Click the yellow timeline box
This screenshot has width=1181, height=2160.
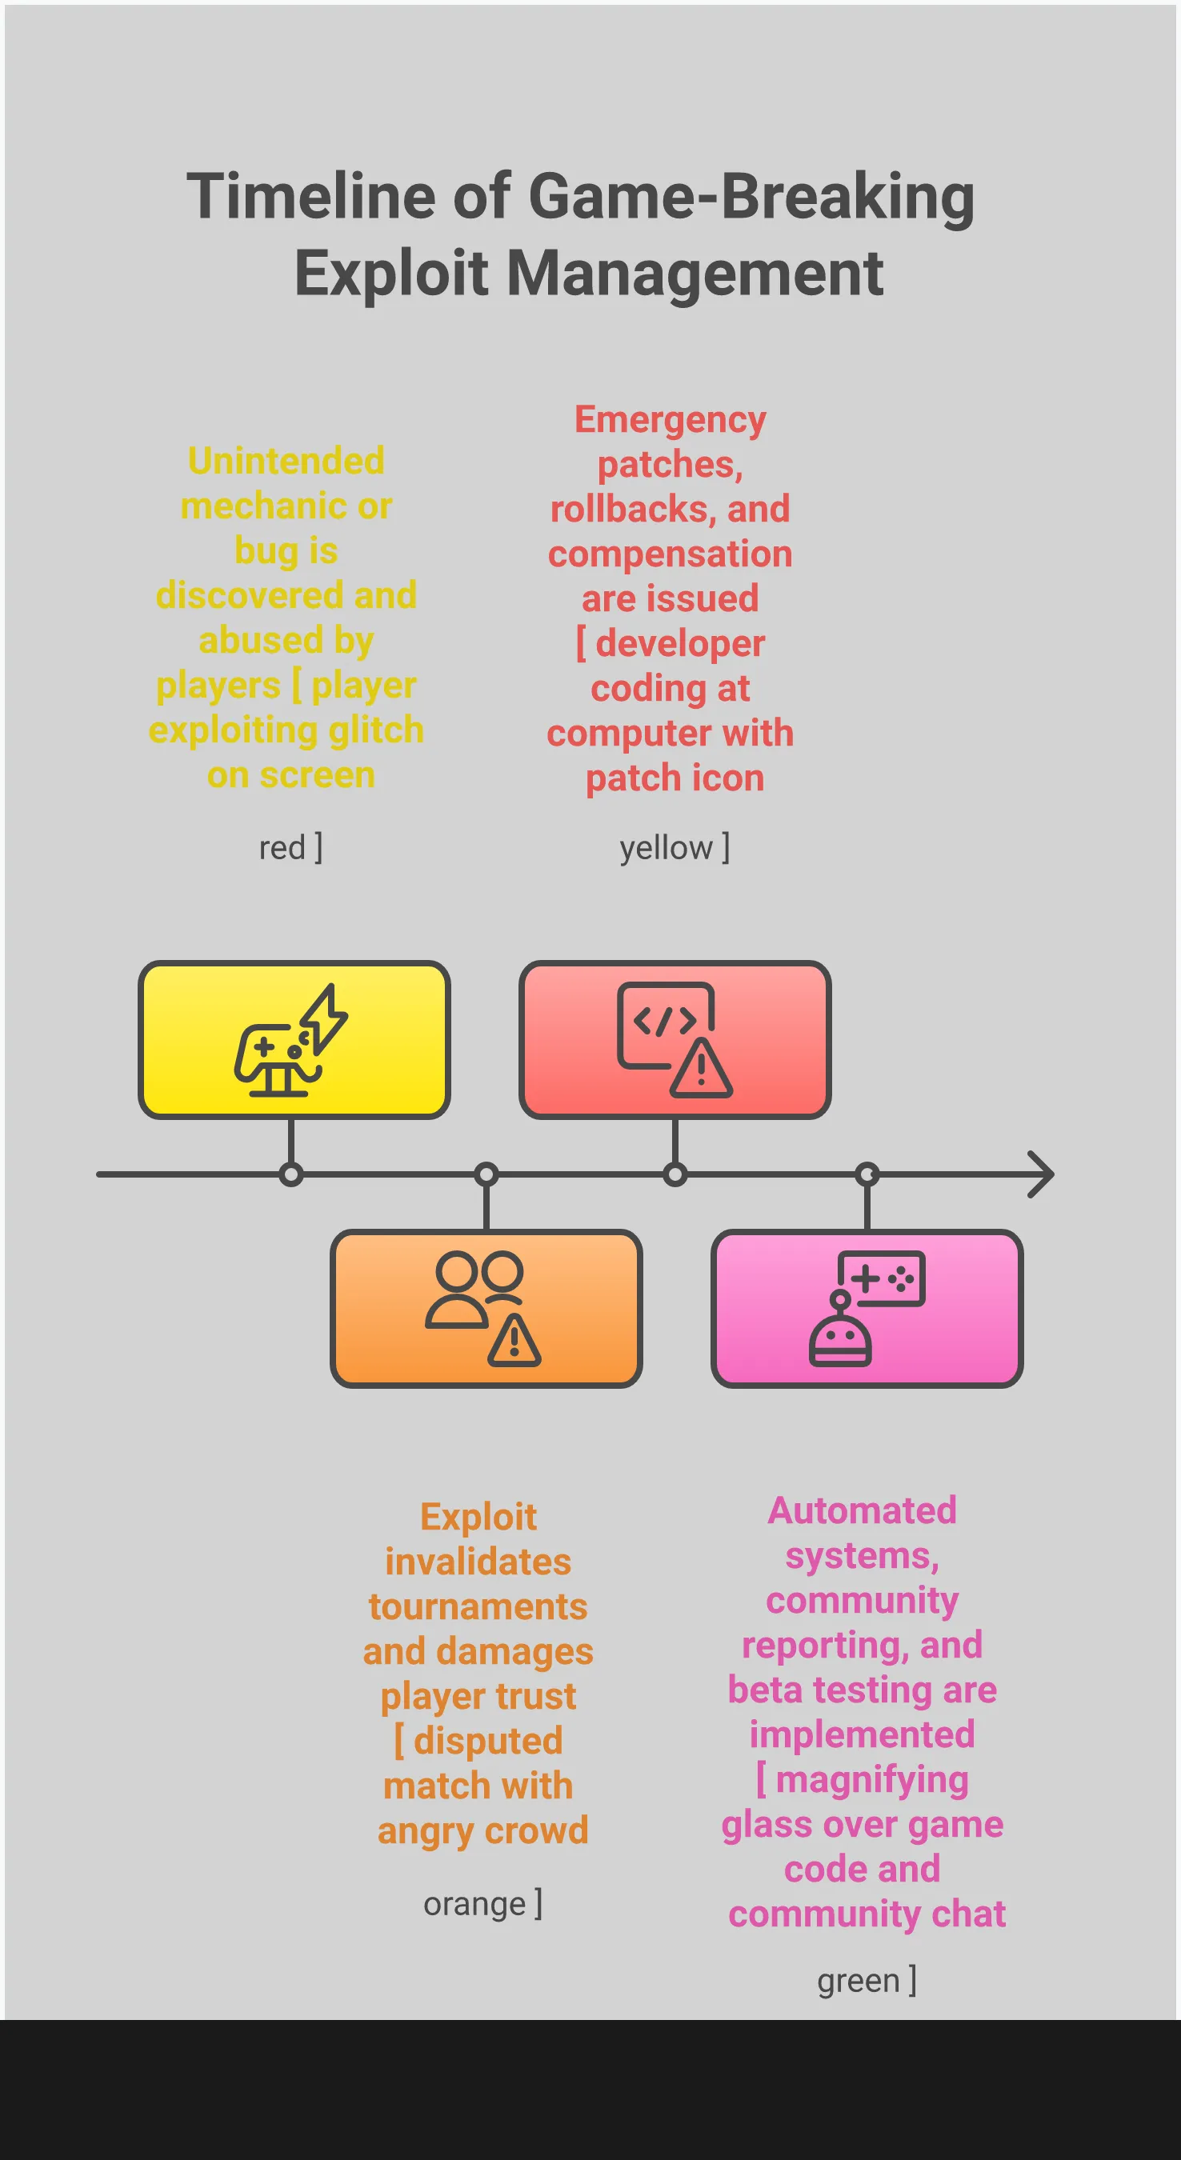(x=294, y=1040)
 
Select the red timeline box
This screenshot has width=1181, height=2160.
(x=675, y=1040)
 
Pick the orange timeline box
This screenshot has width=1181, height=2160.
(x=486, y=1308)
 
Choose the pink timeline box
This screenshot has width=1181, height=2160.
(x=867, y=1308)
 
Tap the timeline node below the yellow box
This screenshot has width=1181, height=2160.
(x=291, y=1174)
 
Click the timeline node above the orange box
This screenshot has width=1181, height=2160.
(x=486, y=1174)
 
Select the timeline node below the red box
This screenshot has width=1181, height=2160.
(x=675, y=1174)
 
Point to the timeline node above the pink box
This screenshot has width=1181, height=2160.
(x=867, y=1174)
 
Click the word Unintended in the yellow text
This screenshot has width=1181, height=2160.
(x=286, y=461)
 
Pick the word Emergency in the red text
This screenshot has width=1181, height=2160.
(x=671, y=419)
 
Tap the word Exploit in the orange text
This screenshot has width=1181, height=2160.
(x=478, y=1517)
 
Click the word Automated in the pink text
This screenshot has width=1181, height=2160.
(x=863, y=1511)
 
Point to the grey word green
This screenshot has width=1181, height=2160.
(x=857, y=1981)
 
